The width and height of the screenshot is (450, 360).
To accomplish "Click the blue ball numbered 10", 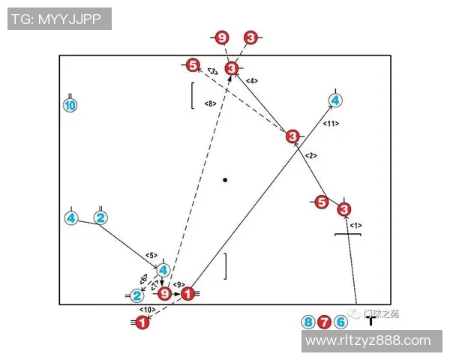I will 70,106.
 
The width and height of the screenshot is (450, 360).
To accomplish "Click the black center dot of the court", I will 225,180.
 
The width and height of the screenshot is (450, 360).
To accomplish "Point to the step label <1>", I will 356,225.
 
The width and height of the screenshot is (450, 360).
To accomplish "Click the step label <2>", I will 312,156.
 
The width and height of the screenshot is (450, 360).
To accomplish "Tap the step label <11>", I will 331,123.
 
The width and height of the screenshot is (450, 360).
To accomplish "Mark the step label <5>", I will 151,256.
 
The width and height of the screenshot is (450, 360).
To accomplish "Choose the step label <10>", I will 147,309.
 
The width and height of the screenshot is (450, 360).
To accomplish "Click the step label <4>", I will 252,80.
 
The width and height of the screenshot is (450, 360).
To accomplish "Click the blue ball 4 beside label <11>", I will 335,100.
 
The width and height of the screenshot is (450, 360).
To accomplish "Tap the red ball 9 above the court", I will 221,37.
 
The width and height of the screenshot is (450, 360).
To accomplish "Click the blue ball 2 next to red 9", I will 136,295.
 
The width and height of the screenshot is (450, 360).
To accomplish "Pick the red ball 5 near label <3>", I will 193,66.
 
